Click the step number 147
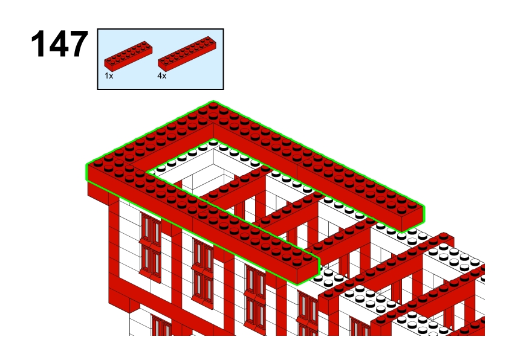click(x=59, y=43)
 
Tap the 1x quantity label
click(x=109, y=76)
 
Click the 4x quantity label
click(x=161, y=76)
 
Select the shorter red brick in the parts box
click(x=128, y=56)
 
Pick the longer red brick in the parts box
click(x=187, y=54)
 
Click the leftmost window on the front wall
click(x=151, y=247)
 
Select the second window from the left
click(x=203, y=273)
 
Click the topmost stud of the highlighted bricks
click(x=213, y=104)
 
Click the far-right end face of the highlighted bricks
click(x=413, y=218)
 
